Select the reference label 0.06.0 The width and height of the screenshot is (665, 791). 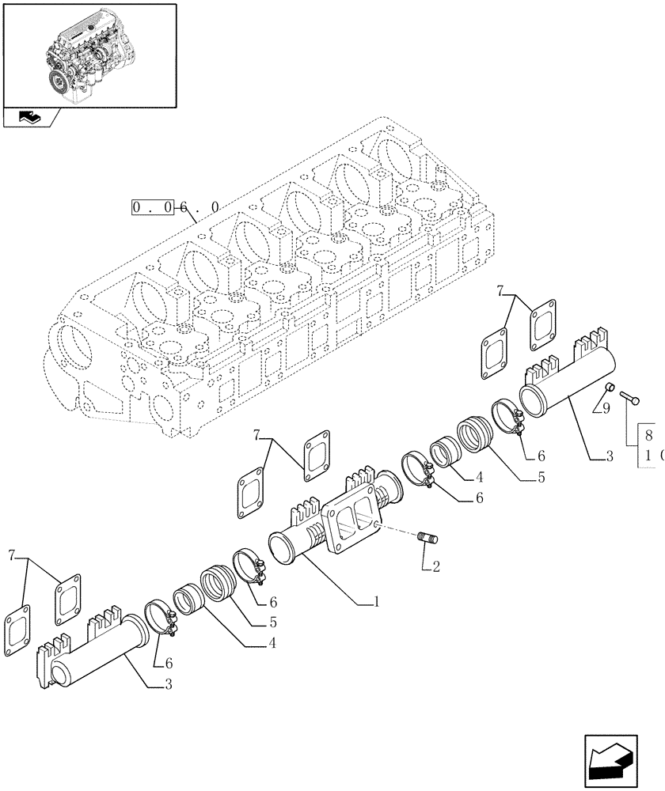point(176,208)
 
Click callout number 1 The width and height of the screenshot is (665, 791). point(377,602)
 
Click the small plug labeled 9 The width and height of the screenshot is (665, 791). point(610,387)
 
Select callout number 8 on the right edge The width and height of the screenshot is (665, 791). point(648,435)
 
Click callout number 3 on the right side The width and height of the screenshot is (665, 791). point(609,456)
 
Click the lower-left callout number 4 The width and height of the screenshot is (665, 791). point(272,645)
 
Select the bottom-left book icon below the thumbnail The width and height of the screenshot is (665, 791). point(29,117)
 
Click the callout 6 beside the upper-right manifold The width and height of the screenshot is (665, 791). point(541,456)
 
